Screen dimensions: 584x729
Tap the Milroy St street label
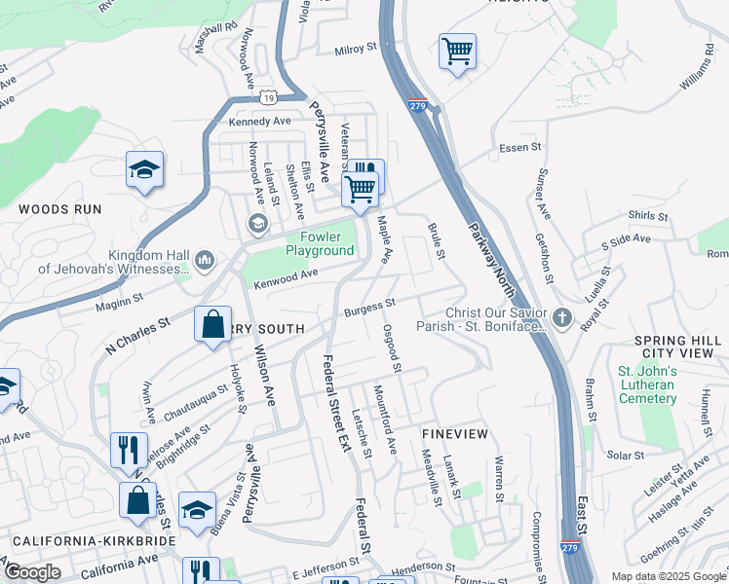coord(355,49)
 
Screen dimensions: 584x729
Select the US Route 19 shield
coord(270,97)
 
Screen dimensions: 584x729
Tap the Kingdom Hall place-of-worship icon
coord(205,260)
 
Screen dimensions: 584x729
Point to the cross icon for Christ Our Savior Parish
coord(561,317)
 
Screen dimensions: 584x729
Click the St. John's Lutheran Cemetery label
coord(646,384)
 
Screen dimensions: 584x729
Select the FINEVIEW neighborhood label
coord(453,431)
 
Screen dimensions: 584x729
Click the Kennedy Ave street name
coord(259,122)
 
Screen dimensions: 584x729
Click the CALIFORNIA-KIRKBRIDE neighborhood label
coord(88,540)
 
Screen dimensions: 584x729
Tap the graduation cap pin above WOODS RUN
coord(144,171)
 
